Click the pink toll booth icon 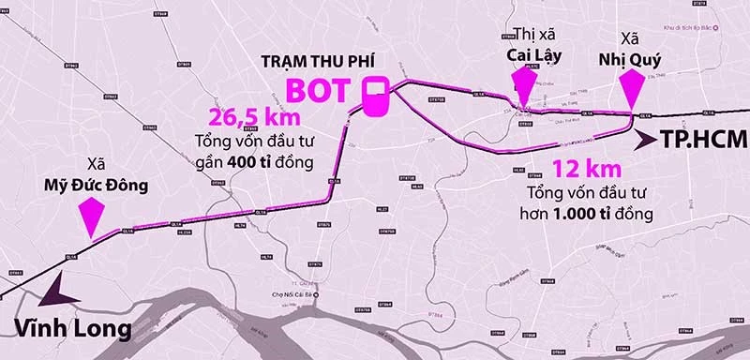coord(376,97)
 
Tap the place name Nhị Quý coord(630,53)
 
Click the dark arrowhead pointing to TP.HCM coord(646,141)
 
